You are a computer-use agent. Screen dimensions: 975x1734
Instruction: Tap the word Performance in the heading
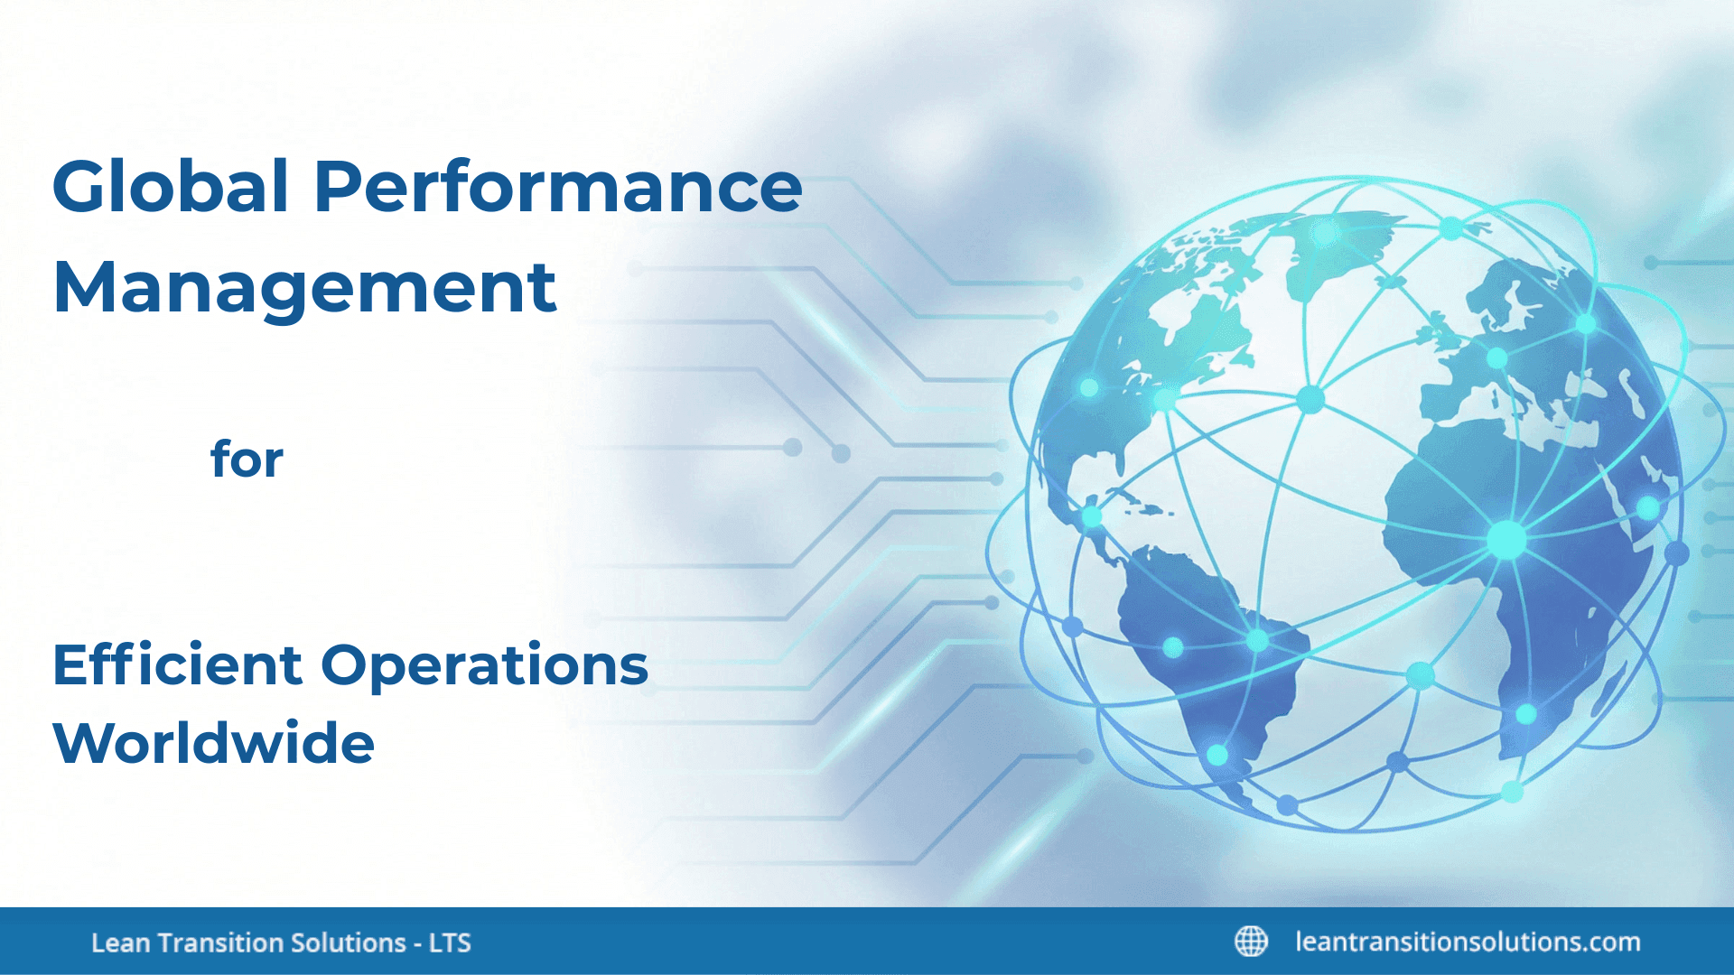pos(557,187)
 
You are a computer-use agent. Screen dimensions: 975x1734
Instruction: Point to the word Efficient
pos(177,665)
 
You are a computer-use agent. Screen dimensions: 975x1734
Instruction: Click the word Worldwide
pos(213,743)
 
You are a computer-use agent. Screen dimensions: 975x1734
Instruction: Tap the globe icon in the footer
pos(1251,941)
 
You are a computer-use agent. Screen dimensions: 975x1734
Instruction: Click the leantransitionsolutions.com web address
pos(1468,942)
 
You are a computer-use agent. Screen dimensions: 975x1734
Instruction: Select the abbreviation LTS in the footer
pos(450,942)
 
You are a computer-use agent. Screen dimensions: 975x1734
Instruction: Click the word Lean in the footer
pos(120,942)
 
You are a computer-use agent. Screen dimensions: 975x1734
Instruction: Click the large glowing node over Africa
pos(1506,540)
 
